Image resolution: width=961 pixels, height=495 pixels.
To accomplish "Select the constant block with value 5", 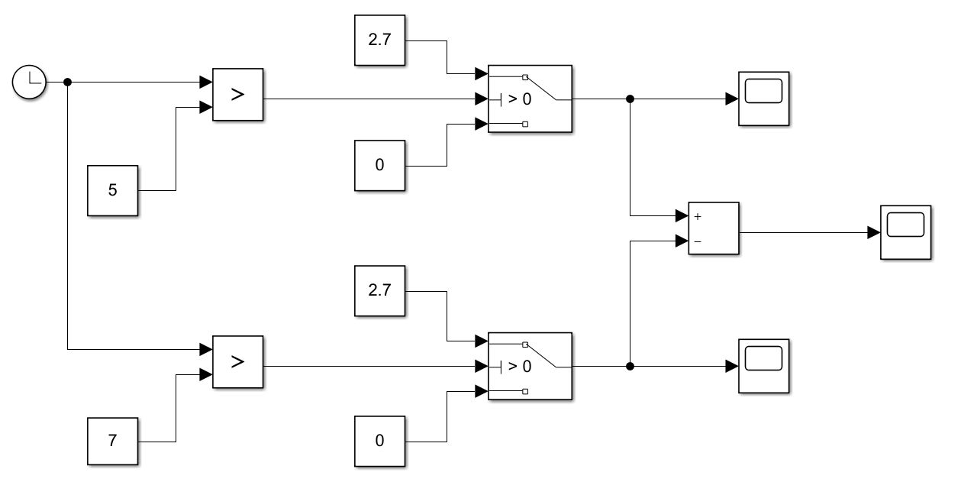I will (x=113, y=190).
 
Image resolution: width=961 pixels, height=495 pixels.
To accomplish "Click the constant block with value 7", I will (x=113, y=442).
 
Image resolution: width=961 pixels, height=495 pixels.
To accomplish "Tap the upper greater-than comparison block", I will (x=237, y=95).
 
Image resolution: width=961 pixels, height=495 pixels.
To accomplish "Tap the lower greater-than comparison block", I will (x=237, y=361).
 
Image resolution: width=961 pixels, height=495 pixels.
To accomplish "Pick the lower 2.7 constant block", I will (x=380, y=291).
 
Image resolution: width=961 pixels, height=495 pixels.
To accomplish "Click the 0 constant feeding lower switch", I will (x=380, y=441).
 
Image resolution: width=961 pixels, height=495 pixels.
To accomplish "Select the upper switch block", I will (x=530, y=99).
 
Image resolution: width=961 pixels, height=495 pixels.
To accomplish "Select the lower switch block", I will (x=530, y=366).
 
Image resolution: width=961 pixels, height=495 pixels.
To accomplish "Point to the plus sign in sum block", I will (x=698, y=217).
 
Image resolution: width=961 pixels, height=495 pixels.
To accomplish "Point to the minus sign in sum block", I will (x=698, y=241).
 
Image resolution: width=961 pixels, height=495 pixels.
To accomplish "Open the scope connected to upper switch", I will (x=764, y=99).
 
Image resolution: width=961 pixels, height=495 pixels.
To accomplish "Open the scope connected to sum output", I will (x=906, y=232).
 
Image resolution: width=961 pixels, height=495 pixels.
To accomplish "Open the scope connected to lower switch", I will (x=764, y=366).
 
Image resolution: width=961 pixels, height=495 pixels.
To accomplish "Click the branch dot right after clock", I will (x=67, y=82).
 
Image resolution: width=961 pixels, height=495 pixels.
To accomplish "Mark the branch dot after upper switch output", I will (x=630, y=99).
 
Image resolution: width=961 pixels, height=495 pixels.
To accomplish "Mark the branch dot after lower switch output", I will (x=630, y=366).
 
